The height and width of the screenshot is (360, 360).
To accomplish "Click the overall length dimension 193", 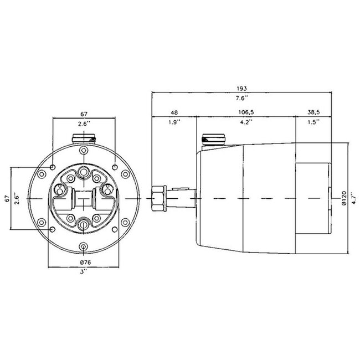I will coord(240,88).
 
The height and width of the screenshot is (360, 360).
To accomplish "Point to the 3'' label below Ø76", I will coord(83,272).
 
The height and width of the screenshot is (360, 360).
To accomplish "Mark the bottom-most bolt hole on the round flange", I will coord(83,246).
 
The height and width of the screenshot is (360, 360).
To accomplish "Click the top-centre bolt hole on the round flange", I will coord(83,151).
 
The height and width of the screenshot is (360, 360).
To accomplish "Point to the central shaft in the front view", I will coord(83,198).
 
